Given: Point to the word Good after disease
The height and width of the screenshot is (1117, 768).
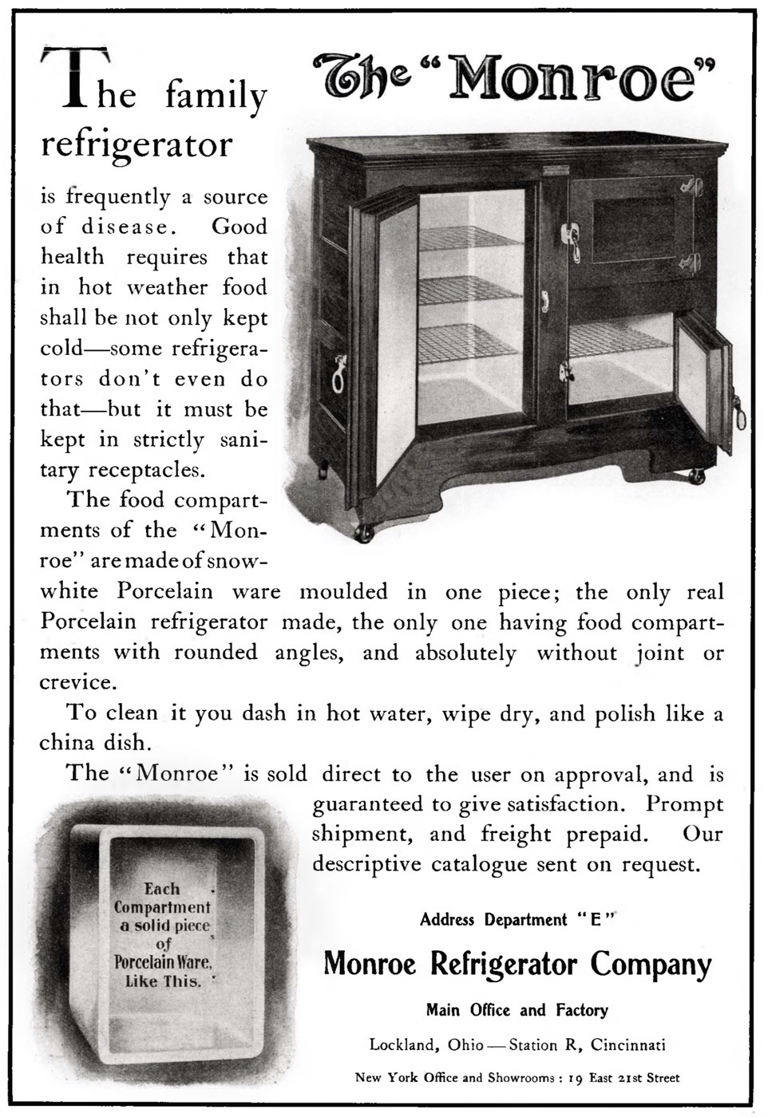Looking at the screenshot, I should pyautogui.click(x=240, y=227).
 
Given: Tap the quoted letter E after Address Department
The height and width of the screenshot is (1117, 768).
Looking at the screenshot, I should pyautogui.click(x=594, y=920).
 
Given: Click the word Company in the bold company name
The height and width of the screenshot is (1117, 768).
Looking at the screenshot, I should pyautogui.click(x=651, y=965).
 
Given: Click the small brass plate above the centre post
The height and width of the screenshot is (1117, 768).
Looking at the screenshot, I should pyautogui.click(x=553, y=170).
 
